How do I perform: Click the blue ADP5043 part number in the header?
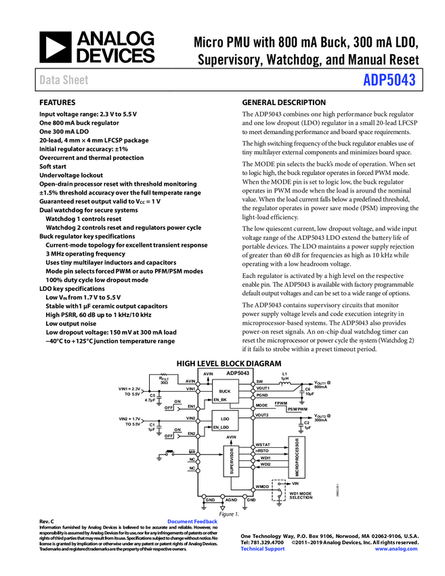click(x=389, y=81)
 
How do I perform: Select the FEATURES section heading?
click(x=56, y=102)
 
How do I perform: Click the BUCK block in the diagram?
click(x=225, y=392)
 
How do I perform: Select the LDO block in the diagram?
click(x=225, y=419)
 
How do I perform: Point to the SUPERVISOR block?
click(x=232, y=461)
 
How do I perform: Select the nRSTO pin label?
click(x=262, y=451)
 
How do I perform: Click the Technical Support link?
click(x=262, y=548)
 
